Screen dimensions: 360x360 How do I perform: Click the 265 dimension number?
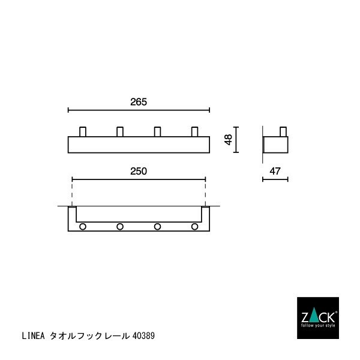(139, 102)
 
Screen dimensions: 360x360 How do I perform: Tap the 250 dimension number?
(139, 171)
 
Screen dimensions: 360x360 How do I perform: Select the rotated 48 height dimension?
(228, 140)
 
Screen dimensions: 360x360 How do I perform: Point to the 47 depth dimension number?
(275, 171)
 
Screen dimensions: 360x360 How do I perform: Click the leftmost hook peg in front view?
(83, 132)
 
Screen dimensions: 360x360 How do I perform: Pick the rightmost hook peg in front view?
(194, 132)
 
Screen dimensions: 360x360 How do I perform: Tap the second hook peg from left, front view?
(120, 132)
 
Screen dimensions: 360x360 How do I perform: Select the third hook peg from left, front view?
(157, 132)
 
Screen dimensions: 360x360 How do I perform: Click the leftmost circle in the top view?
(83, 227)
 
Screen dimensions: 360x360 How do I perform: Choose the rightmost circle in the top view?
(194, 227)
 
